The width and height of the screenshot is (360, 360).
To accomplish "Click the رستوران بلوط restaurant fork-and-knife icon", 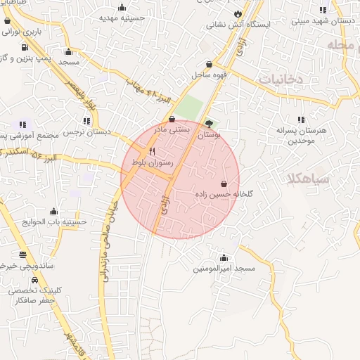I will pyautogui.click(x=152, y=151).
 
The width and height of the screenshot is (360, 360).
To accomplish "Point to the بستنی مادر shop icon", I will pyautogui.click(x=172, y=120).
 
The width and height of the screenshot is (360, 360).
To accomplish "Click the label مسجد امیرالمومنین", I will pyautogui.click(x=224, y=269).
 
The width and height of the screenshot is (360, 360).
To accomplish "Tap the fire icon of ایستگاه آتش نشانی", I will pyautogui.click(x=238, y=13).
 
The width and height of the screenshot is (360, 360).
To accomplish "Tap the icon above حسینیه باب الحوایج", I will pyautogui.click(x=54, y=211).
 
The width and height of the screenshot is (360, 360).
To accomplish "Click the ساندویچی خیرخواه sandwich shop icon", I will pyautogui.click(x=23, y=255).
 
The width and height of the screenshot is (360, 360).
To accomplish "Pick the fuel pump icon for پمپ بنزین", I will pyautogui.click(x=25, y=49).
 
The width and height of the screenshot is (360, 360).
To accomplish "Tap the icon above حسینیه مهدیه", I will pyautogui.click(x=122, y=8).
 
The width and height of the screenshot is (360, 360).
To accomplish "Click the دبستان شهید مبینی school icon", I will pyautogui.click(x=323, y=10).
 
